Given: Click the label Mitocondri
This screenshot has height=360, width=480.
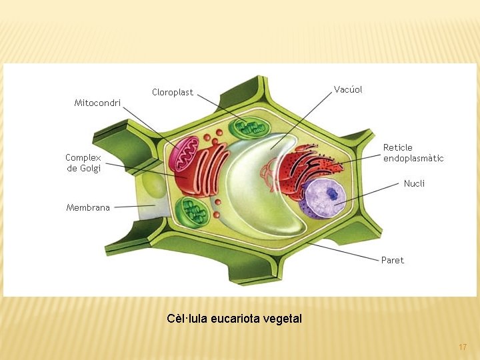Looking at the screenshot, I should tap(97, 103).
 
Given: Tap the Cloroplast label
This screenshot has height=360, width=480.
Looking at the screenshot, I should tap(172, 93).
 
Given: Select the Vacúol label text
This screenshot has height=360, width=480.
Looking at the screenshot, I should tap(348, 89).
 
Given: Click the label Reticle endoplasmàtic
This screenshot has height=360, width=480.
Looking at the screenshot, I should tap(413, 153).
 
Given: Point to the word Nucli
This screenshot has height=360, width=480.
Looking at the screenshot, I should tap(414, 183).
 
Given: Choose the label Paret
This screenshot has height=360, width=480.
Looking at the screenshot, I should tap(393, 260).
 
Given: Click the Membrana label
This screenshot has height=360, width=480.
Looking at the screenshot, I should tap(88, 208).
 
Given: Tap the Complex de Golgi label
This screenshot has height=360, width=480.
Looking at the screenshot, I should tap(83, 163).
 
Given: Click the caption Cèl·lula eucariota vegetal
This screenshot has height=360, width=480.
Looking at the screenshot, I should tap(234, 319).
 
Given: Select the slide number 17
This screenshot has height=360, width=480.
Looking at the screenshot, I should tap(463, 347).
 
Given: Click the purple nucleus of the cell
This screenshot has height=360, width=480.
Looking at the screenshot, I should tap(324, 200).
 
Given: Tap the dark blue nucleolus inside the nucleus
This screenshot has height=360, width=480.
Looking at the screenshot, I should tap(331, 194).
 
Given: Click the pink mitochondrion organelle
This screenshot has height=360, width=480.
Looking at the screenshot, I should tap(183, 155).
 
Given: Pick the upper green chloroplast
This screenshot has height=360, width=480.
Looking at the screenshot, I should tap(247, 128).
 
